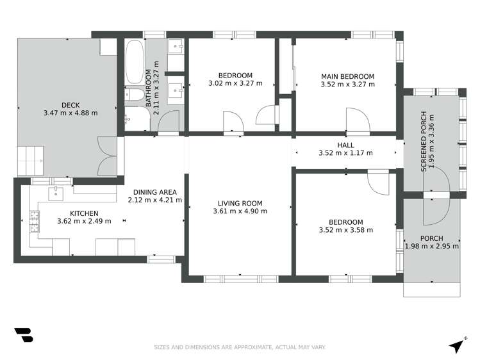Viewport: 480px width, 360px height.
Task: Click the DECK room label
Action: pos(70,105)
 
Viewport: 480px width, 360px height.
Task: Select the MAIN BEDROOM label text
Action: pos(347,76)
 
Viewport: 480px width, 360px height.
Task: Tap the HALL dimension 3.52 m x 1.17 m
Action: pos(345,153)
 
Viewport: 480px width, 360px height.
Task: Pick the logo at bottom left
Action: pos(23,336)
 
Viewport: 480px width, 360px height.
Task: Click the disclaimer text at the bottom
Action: pos(240,347)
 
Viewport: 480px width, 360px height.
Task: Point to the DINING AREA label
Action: pos(154,192)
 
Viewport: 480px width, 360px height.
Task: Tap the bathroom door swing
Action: pos(169,121)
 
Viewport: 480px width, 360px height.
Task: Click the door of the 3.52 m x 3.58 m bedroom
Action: pos(378,183)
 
